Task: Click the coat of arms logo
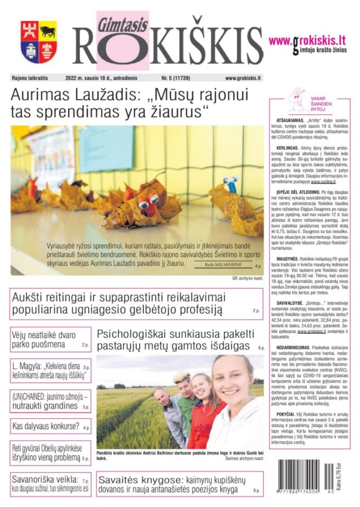[x=39, y=42]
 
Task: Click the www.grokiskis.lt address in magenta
[x=307, y=40]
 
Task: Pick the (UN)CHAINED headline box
[x=50, y=400]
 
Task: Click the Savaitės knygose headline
[x=177, y=484]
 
